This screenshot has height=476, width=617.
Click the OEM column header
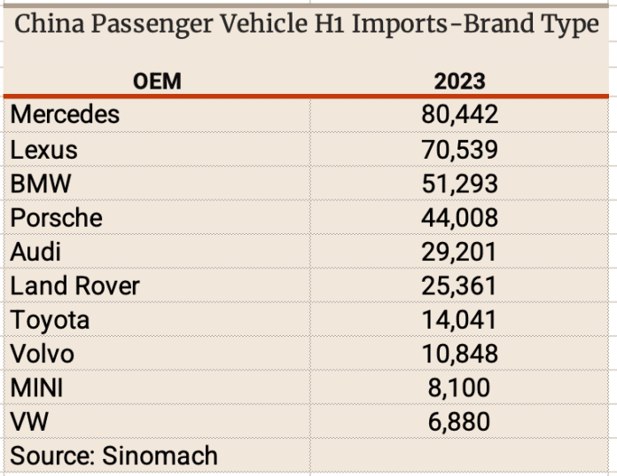coord(157,82)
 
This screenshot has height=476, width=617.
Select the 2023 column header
coord(459,82)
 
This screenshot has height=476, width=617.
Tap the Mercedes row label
coord(65,114)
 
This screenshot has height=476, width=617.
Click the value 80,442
coord(459,114)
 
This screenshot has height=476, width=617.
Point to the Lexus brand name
coord(44,149)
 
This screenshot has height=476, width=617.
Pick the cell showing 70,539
coord(459,149)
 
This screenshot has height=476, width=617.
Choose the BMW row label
coord(40,183)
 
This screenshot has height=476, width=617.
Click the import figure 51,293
coord(459,183)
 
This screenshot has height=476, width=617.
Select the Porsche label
coord(56,217)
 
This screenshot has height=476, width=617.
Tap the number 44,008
coord(459,217)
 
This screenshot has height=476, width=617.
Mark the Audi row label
coord(35,252)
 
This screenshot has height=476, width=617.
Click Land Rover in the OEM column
coord(74,285)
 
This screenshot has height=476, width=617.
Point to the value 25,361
coord(459,285)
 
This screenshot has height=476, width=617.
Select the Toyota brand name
coord(50,319)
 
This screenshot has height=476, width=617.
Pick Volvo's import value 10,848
coord(459,354)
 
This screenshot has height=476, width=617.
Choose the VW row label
coord(27,421)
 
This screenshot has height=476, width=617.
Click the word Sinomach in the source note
coord(161,456)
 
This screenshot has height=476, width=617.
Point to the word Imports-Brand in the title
coord(423,25)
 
